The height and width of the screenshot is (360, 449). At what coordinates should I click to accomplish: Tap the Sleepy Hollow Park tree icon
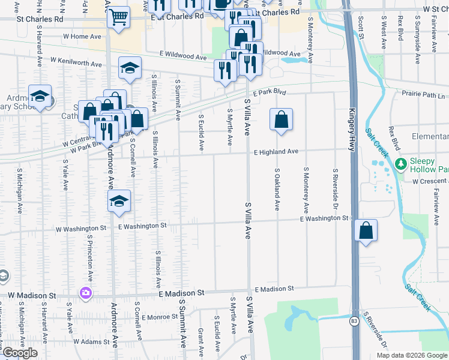401,163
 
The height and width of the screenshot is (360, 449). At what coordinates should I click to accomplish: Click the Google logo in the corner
20,353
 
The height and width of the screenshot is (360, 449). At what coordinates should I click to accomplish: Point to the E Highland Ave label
276,152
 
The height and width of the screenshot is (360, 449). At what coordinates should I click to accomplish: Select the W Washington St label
81,229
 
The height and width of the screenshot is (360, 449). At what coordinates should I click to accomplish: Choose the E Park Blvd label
269,93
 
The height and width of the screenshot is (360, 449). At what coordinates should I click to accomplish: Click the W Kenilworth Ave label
77,61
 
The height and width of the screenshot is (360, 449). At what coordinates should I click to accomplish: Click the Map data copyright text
411,355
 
